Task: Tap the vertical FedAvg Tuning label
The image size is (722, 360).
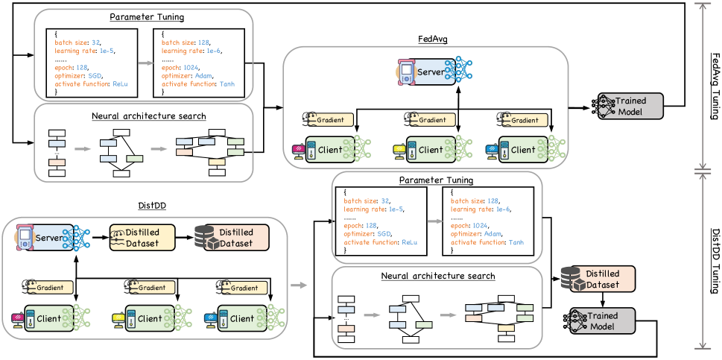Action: click(x=714, y=85)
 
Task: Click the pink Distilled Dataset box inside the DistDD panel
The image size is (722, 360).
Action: click(x=235, y=237)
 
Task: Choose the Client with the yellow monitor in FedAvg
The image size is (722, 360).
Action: click(x=429, y=150)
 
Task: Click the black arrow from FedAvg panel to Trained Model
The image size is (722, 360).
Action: click(x=577, y=107)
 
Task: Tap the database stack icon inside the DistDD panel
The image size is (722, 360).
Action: click(x=205, y=237)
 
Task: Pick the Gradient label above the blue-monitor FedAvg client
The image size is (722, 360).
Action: click(x=524, y=119)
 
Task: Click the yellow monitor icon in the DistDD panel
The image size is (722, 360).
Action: click(x=118, y=319)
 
